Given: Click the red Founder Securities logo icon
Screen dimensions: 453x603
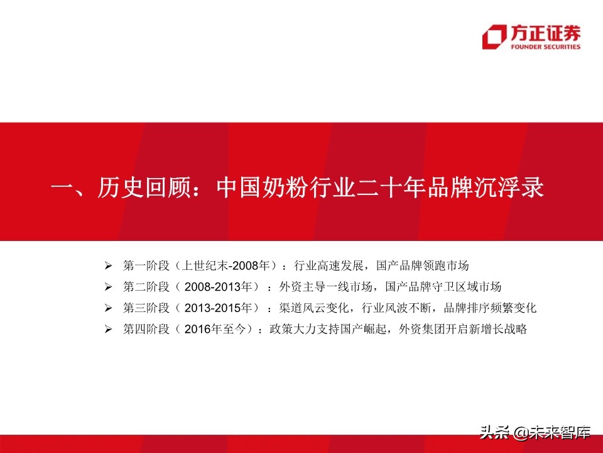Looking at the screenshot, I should [494, 37].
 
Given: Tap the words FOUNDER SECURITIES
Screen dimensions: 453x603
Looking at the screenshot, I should [545, 47].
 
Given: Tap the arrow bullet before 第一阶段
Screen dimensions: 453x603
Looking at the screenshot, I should [108, 264].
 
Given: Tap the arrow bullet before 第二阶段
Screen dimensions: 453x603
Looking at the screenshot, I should [108, 287].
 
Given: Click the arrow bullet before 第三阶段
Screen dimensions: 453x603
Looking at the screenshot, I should [108, 308].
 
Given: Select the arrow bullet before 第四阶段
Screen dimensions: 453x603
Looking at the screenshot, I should [108, 329].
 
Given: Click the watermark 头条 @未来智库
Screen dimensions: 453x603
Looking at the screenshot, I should [536, 433].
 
